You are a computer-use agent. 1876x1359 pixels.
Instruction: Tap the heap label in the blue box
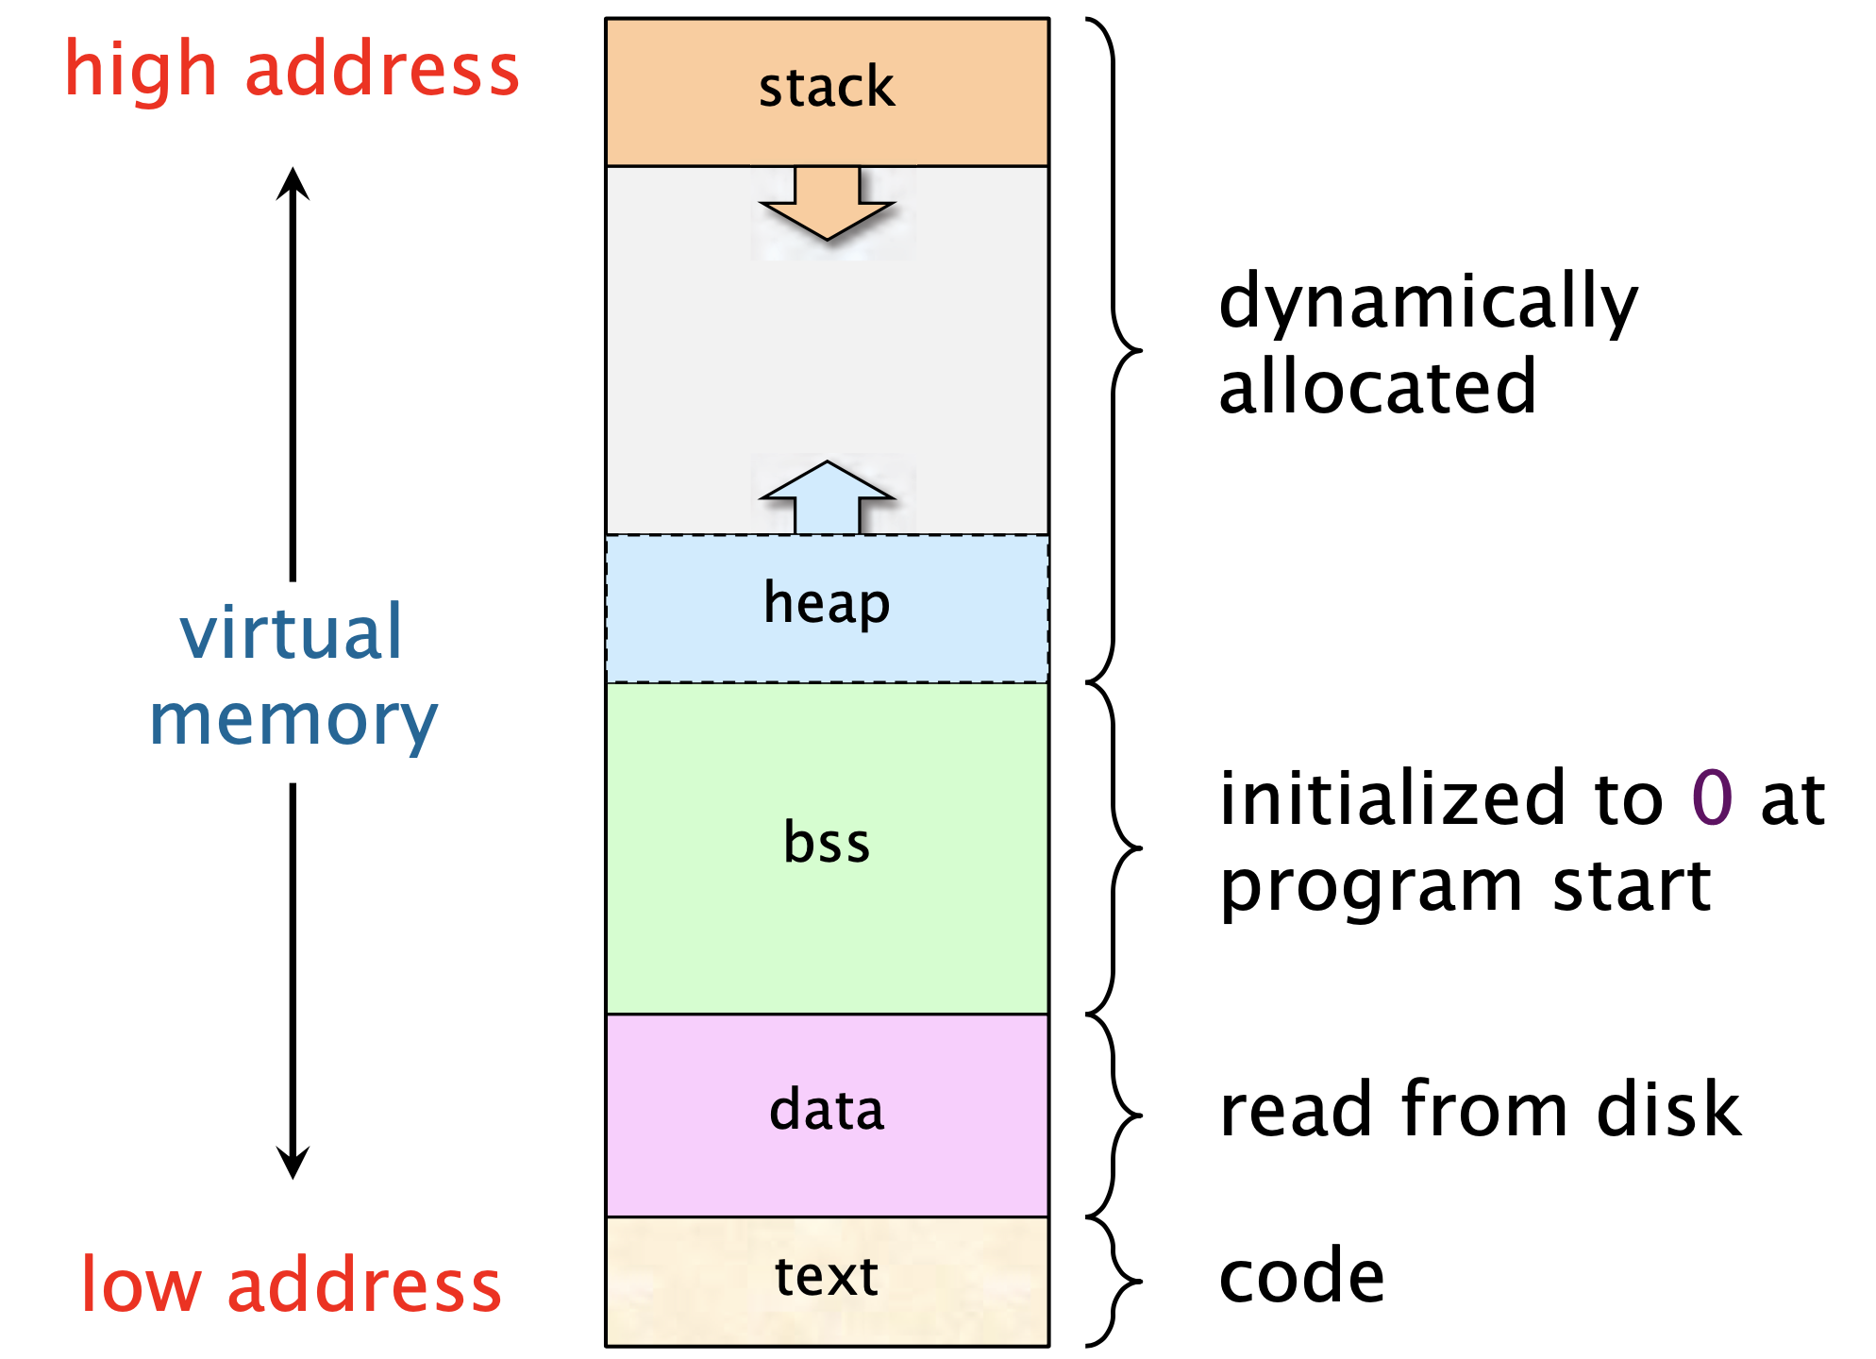827,604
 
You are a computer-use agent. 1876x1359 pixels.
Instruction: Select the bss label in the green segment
827,842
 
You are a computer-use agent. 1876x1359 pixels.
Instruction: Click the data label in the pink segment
827,1110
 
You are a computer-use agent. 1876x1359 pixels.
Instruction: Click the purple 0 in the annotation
1712,798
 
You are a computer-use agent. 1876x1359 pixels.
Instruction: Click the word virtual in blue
292,632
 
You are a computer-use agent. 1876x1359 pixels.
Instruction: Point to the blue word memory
293,721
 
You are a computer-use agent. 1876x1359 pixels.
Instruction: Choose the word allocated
1378,387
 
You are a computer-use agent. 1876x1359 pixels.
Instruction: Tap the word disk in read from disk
1668,1110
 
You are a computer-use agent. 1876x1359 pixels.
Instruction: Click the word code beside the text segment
1302,1276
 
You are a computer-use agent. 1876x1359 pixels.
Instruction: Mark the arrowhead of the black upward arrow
293,183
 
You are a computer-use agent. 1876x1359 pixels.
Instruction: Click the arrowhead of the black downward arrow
293,1163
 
